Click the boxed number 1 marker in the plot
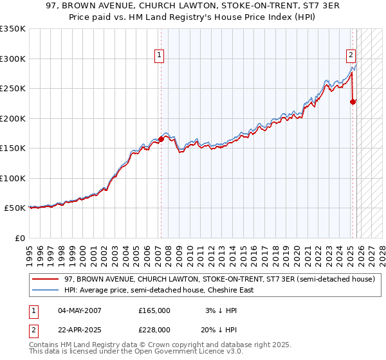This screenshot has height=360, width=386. click(x=158, y=55)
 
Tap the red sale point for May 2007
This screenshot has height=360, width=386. click(x=160, y=139)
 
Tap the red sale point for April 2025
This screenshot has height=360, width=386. click(x=353, y=102)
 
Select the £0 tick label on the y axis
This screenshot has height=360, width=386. click(x=20, y=238)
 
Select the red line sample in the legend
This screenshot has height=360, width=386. click(x=45, y=279)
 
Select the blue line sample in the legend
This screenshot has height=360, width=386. click(x=45, y=290)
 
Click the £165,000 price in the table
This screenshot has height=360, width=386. click(x=154, y=310)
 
